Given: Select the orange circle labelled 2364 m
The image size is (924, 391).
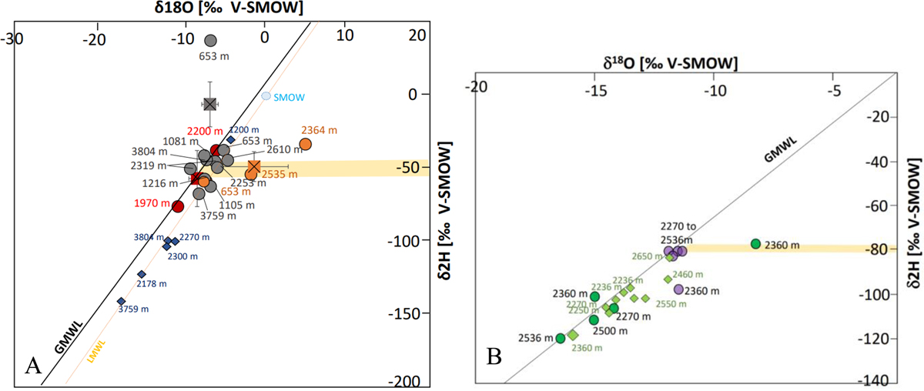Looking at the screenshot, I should point(305,144).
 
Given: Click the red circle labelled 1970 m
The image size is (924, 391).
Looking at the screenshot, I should point(178,206).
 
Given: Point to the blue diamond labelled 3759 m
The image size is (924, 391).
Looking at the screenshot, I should point(122,302).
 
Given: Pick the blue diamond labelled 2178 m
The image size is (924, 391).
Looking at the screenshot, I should point(142,274).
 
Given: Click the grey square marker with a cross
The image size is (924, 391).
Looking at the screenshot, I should point(209,104).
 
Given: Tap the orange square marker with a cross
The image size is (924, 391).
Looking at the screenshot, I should point(254,166).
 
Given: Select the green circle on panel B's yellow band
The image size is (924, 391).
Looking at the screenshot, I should point(755,244).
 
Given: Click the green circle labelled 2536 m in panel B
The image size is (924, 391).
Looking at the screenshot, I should point(561,338).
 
